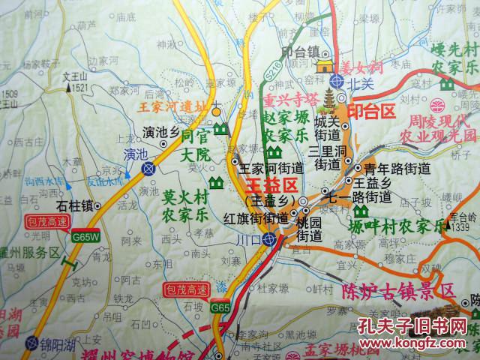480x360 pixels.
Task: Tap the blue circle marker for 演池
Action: (150, 168)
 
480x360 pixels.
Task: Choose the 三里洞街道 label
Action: (328, 157)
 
